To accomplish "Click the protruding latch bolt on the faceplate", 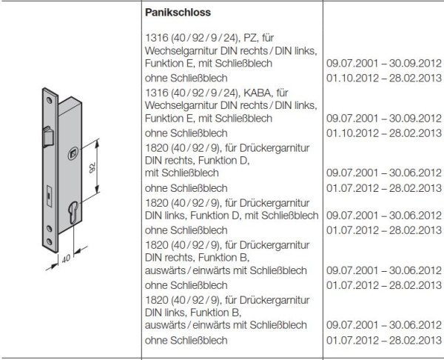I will [x=47, y=139].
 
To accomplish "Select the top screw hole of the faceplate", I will [x=42, y=96].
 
